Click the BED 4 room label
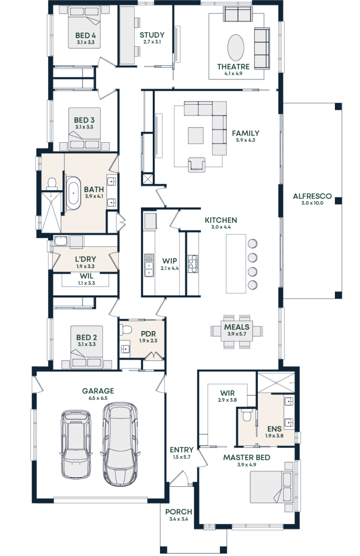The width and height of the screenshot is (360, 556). point(85,35)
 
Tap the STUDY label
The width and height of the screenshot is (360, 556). point(152,35)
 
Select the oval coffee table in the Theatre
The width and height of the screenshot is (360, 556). point(235,48)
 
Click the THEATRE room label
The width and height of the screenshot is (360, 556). point(233,67)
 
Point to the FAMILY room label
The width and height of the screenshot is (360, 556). point(245,134)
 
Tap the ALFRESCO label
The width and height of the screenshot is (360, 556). point(312,196)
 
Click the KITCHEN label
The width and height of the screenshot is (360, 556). point(221,220)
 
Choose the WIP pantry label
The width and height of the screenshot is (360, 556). point(170,261)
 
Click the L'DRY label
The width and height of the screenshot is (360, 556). point(85,259)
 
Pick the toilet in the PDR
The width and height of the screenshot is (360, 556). point(126,329)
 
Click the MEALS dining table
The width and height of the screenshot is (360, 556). point(237,331)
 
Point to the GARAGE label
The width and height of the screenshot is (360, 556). point(98,391)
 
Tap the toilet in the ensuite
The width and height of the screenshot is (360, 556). point(247,415)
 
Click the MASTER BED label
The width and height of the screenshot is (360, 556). point(247,457)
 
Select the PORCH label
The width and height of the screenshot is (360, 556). point(178,512)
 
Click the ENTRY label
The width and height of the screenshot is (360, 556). point(181,450)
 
